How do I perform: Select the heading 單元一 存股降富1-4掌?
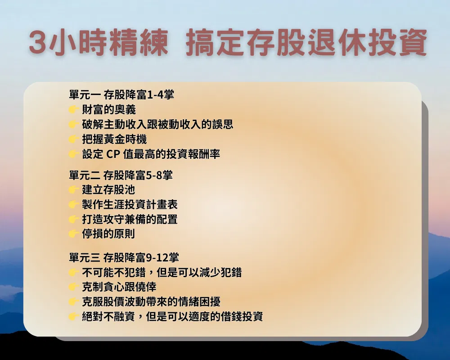tap(121, 94)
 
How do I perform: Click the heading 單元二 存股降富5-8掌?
tap(121, 175)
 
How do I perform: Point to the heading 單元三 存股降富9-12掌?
tap(124, 257)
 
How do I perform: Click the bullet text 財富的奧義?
tap(109, 109)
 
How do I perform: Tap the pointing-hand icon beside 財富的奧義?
tap(74, 109)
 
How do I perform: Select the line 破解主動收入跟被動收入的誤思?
tap(157, 124)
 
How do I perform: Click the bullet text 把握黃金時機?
tap(114, 139)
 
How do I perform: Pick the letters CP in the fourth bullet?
tap(113, 154)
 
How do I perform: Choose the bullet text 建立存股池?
tap(108, 189)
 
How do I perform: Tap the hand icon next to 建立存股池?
tap(74, 189)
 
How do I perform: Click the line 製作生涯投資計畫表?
tap(130, 204)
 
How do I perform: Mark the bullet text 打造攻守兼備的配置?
tap(130, 219)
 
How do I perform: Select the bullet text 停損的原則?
tap(108, 234)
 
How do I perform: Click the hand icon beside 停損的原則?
tap(74, 234)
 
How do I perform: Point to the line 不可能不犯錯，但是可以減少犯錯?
tap(162, 272)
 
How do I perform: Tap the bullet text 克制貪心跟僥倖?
tap(119, 287)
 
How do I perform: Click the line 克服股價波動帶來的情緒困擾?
tap(151, 301)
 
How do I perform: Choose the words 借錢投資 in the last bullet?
tap(242, 316)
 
